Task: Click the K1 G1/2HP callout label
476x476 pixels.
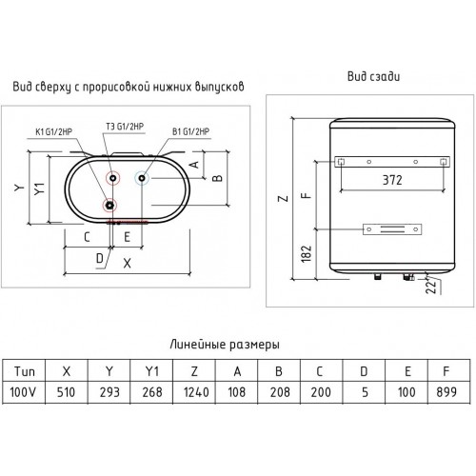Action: tap(53, 131)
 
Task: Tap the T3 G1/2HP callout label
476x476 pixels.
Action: tap(125, 127)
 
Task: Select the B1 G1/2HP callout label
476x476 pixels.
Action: tap(191, 131)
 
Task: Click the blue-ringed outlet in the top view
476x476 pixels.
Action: tap(142, 178)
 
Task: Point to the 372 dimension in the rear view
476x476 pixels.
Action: tap(392, 180)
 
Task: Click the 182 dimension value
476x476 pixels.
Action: tap(307, 254)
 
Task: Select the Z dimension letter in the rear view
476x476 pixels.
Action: tap(283, 199)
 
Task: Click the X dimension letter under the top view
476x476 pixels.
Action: tap(127, 263)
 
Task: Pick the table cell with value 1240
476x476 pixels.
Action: tap(194, 392)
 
